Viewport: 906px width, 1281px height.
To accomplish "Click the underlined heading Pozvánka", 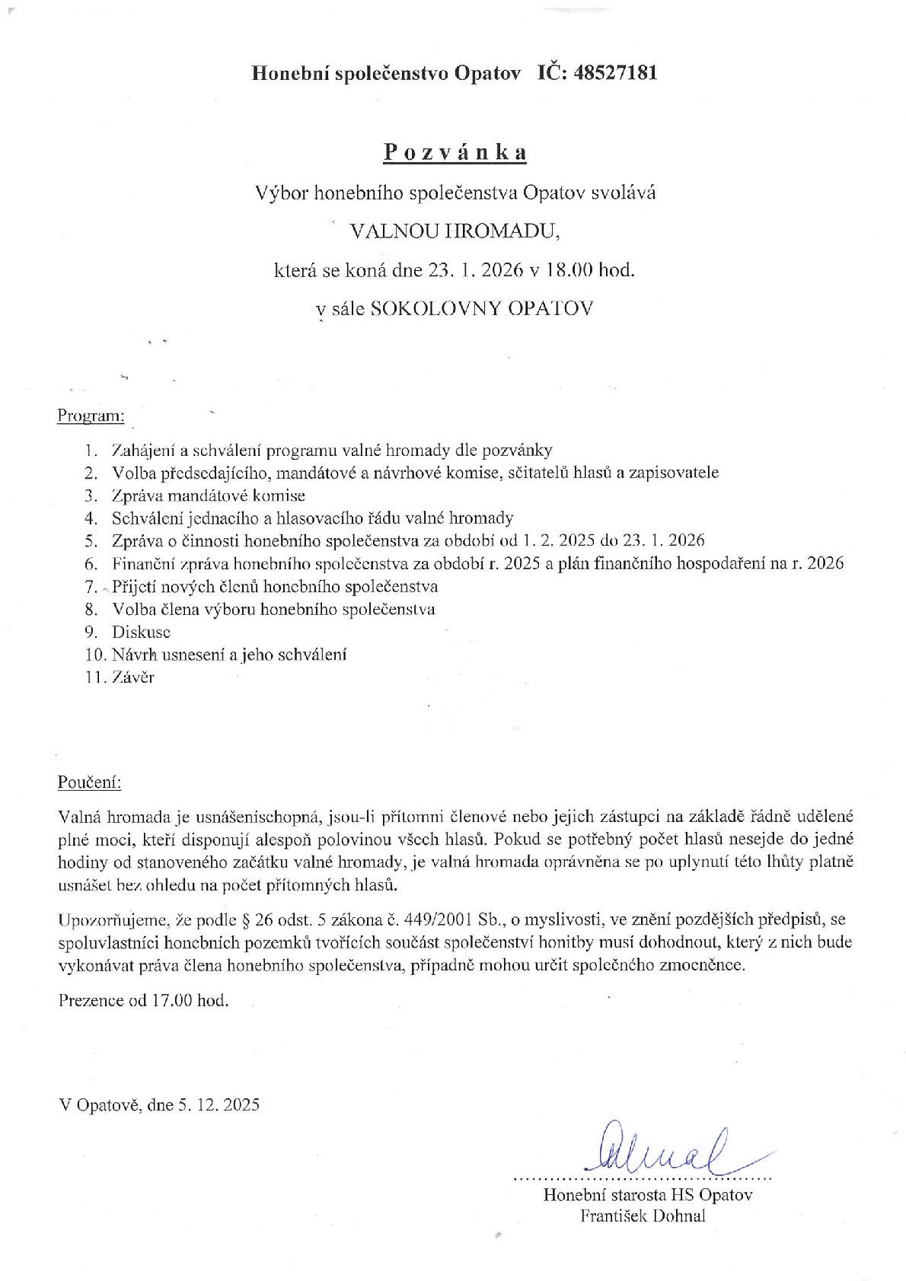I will [x=455, y=152].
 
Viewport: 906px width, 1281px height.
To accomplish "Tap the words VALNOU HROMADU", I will [x=454, y=231].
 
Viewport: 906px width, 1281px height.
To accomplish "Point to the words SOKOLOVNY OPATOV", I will [x=480, y=308].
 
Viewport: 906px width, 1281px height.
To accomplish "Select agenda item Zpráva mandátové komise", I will [x=208, y=495].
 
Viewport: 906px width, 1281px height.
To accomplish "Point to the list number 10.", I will [x=94, y=655].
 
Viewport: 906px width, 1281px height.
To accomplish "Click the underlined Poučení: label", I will [x=89, y=782].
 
